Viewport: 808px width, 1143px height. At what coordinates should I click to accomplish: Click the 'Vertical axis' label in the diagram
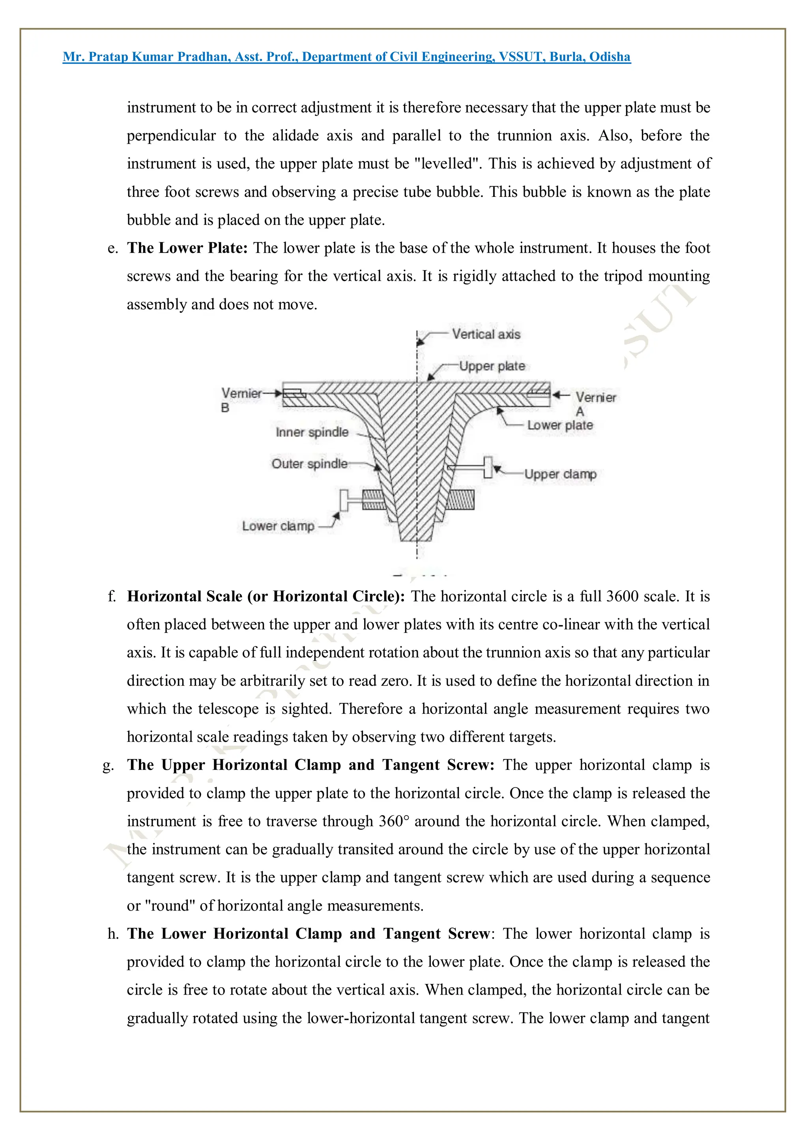(x=486, y=334)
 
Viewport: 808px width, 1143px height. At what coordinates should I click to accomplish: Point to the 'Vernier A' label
(x=595, y=403)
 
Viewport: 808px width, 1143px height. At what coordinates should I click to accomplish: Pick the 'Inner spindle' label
(x=312, y=432)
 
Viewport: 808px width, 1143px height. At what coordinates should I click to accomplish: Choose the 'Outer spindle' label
(x=309, y=464)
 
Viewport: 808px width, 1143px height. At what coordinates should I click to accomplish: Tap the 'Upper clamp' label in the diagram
(x=560, y=474)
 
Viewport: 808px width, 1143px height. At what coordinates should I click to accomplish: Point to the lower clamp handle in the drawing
(x=344, y=500)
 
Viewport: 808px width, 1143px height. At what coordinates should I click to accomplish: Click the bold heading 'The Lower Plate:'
(x=187, y=248)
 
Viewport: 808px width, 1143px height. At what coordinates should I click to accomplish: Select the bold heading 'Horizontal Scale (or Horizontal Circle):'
(x=266, y=597)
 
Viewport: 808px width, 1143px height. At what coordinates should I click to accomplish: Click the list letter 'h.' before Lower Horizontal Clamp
(x=113, y=934)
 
